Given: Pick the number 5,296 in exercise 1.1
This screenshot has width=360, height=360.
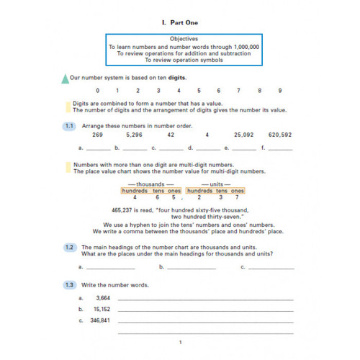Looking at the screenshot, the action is pyautogui.click(x=135, y=135).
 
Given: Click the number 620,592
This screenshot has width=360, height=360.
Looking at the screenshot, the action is pyautogui.click(x=279, y=135).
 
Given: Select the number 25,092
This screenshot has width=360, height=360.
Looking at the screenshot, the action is pyautogui.click(x=245, y=135).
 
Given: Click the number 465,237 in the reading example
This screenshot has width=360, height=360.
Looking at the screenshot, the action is pyautogui.click(x=127, y=210).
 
